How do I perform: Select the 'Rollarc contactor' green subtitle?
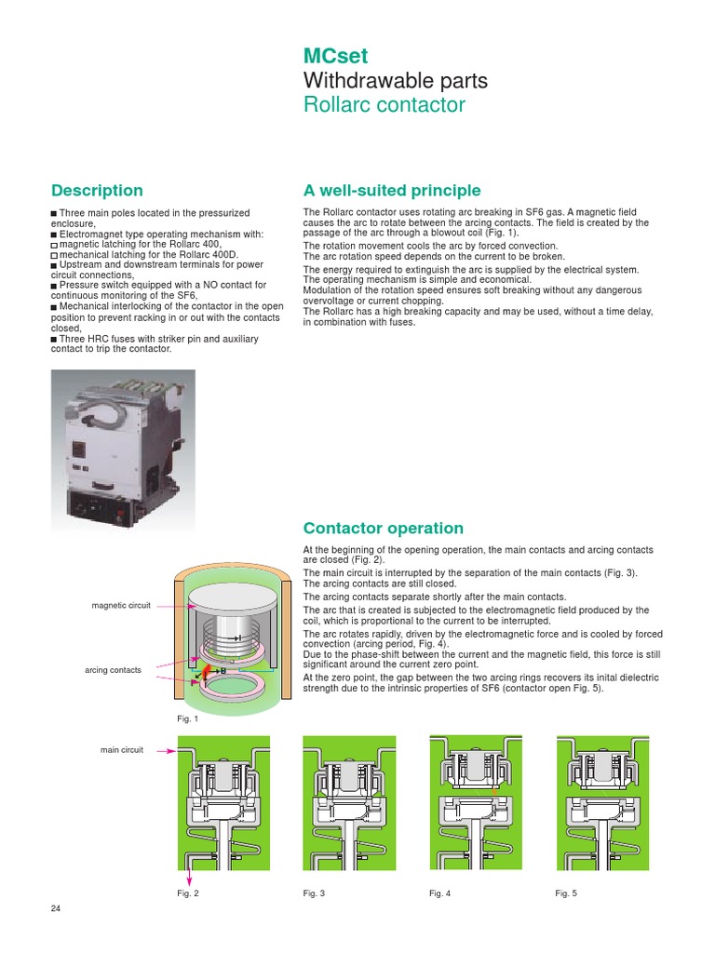click(384, 104)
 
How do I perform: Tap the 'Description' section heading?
click(97, 191)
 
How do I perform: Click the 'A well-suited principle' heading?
click(392, 191)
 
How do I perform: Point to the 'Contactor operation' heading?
click(383, 528)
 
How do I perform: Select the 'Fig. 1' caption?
click(188, 718)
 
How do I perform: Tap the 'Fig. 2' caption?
click(188, 893)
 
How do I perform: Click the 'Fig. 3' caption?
click(314, 893)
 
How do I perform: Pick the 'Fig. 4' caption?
click(439, 893)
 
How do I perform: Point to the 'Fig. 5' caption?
click(566, 893)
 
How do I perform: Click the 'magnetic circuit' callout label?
click(121, 606)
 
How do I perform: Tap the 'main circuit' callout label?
click(122, 749)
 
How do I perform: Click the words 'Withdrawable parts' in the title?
click(395, 80)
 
